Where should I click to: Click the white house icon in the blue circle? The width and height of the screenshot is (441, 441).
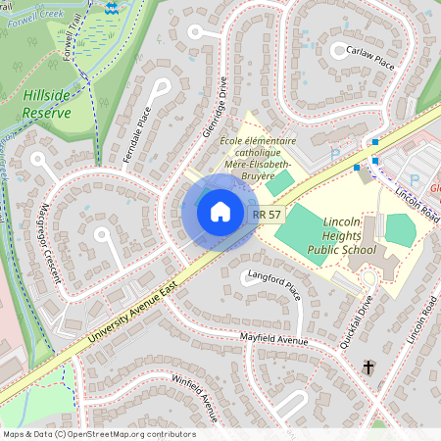click(220, 211)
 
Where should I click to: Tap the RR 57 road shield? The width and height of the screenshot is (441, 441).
click(267, 214)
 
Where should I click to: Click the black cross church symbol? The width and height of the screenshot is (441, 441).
click(369, 367)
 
